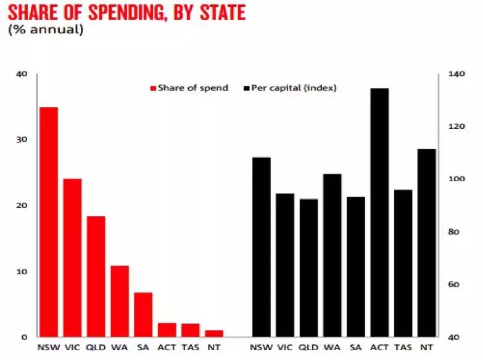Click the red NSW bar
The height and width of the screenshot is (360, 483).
(x=49, y=222)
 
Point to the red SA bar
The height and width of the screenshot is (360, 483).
(x=143, y=314)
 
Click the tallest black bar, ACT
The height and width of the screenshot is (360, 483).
(x=379, y=213)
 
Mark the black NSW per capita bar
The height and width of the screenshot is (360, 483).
(x=262, y=247)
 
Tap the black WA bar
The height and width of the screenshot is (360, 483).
(x=332, y=255)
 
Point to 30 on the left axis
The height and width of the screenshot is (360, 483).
(x=23, y=140)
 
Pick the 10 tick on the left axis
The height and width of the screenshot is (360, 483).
(x=23, y=272)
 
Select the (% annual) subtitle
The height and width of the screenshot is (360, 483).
(x=45, y=29)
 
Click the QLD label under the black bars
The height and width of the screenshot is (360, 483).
(x=308, y=348)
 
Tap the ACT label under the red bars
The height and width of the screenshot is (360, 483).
(x=167, y=348)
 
